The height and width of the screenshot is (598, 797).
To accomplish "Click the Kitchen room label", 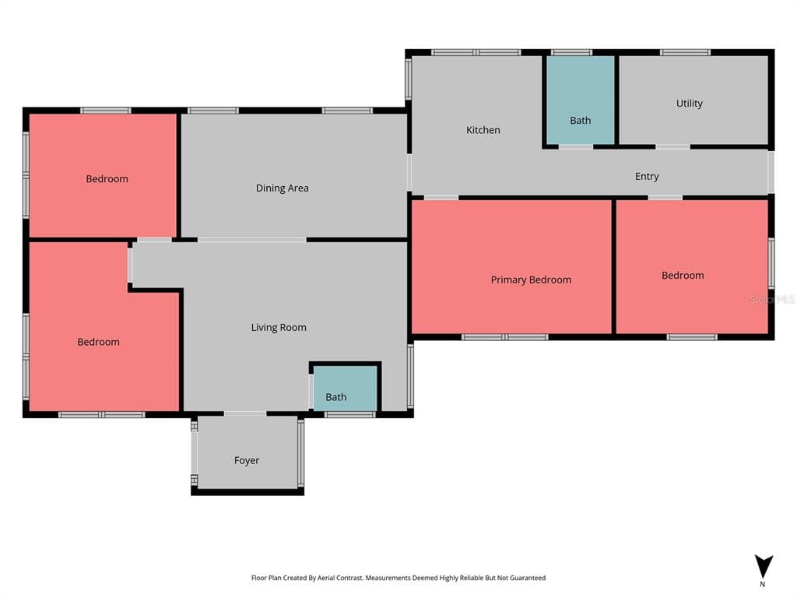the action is (483, 130).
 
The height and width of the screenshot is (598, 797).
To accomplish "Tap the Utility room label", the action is (690, 104).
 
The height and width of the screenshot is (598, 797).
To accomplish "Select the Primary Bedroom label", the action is (531, 280).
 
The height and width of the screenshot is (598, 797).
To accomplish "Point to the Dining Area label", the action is (282, 188).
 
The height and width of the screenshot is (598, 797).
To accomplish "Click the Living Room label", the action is (279, 328).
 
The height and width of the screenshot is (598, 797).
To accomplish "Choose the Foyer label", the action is (247, 460).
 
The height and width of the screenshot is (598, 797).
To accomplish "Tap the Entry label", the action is (647, 177).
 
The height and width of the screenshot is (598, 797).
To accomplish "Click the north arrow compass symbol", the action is (764, 567).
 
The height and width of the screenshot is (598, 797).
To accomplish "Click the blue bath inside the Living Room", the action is (345, 388).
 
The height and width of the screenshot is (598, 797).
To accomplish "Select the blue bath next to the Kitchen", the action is (580, 100).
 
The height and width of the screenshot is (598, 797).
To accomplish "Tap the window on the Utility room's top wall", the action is (685, 52).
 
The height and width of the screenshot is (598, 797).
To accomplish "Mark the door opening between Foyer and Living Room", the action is (245, 414).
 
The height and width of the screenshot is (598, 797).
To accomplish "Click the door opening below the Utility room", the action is (672, 147).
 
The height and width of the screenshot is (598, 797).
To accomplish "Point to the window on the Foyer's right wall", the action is (301, 453).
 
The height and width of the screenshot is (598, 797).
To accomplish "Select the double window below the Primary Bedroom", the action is (504, 337).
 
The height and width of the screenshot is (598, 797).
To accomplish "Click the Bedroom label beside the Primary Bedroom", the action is (683, 276).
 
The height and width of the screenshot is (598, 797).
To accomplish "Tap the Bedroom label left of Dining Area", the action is (107, 179).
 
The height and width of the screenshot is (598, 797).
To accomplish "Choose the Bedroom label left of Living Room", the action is (98, 343).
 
